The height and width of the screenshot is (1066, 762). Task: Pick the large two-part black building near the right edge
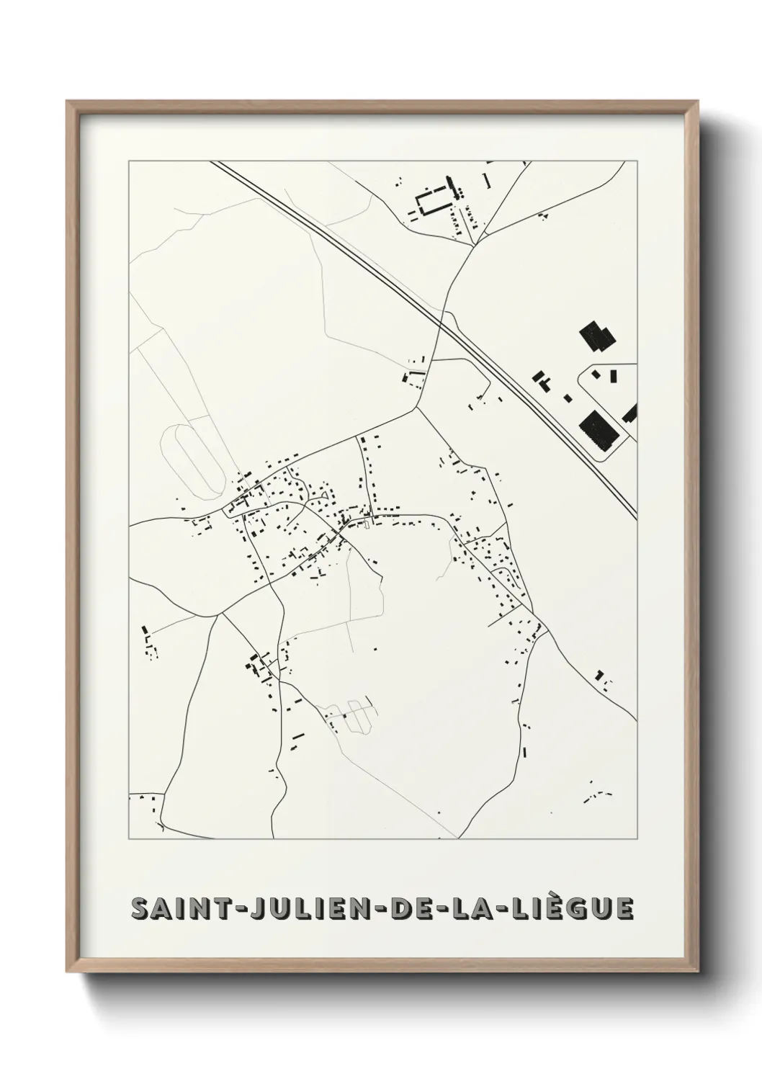pyautogui.click(x=598, y=336)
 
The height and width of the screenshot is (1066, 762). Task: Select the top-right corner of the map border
pyautogui.click(x=637, y=161)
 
